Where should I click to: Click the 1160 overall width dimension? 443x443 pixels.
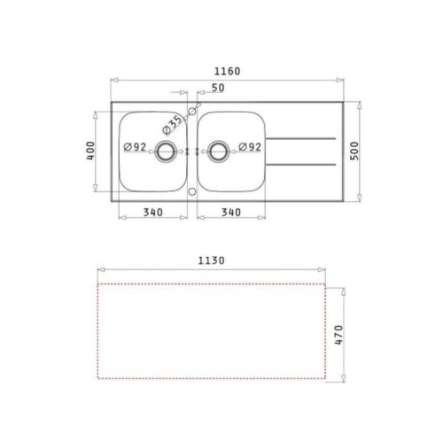[x=227, y=71]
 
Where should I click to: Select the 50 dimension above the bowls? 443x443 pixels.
[x=217, y=89]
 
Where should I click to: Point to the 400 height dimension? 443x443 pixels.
[x=89, y=152]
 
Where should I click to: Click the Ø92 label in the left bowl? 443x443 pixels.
[x=134, y=148]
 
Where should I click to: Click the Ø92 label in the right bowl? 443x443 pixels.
[x=247, y=148]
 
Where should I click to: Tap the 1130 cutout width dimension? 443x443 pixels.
[x=214, y=261]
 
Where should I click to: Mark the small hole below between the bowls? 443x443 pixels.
[x=192, y=190]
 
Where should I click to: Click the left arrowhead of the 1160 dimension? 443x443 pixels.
[x=113, y=80]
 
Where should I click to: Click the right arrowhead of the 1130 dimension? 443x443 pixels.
[x=327, y=271]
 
